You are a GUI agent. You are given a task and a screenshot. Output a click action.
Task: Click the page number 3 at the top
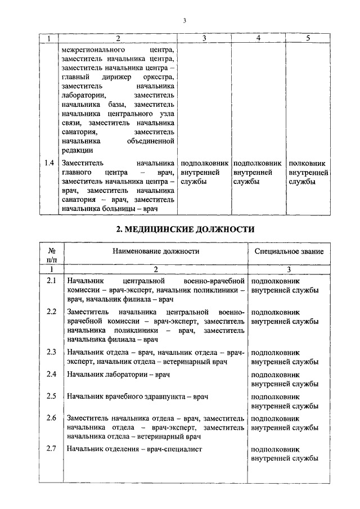(x=184, y=21)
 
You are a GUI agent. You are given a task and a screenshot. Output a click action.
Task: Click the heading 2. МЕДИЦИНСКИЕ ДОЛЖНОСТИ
(x=185, y=229)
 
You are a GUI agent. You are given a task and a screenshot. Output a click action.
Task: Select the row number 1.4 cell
(x=49, y=163)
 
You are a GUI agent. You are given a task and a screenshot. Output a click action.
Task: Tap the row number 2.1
(x=51, y=280)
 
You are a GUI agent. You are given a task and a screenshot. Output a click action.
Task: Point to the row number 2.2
(x=51, y=312)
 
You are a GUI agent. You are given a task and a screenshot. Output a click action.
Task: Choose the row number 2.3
(x=51, y=352)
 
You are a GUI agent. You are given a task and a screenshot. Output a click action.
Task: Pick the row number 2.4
(x=51, y=374)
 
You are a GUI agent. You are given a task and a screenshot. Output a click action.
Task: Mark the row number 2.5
(x=51, y=396)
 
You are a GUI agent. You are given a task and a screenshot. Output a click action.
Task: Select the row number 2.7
(x=51, y=449)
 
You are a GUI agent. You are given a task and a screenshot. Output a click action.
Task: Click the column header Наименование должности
(x=156, y=251)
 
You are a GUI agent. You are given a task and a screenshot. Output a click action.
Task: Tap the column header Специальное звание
(x=289, y=251)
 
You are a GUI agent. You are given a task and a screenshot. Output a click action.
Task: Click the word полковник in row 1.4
(x=307, y=163)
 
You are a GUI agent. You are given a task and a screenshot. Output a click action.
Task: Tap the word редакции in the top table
(x=78, y=150)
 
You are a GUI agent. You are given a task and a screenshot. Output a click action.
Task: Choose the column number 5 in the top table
(x=308, y=38)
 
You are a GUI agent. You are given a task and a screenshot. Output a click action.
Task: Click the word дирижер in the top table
(x=118, y=76)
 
